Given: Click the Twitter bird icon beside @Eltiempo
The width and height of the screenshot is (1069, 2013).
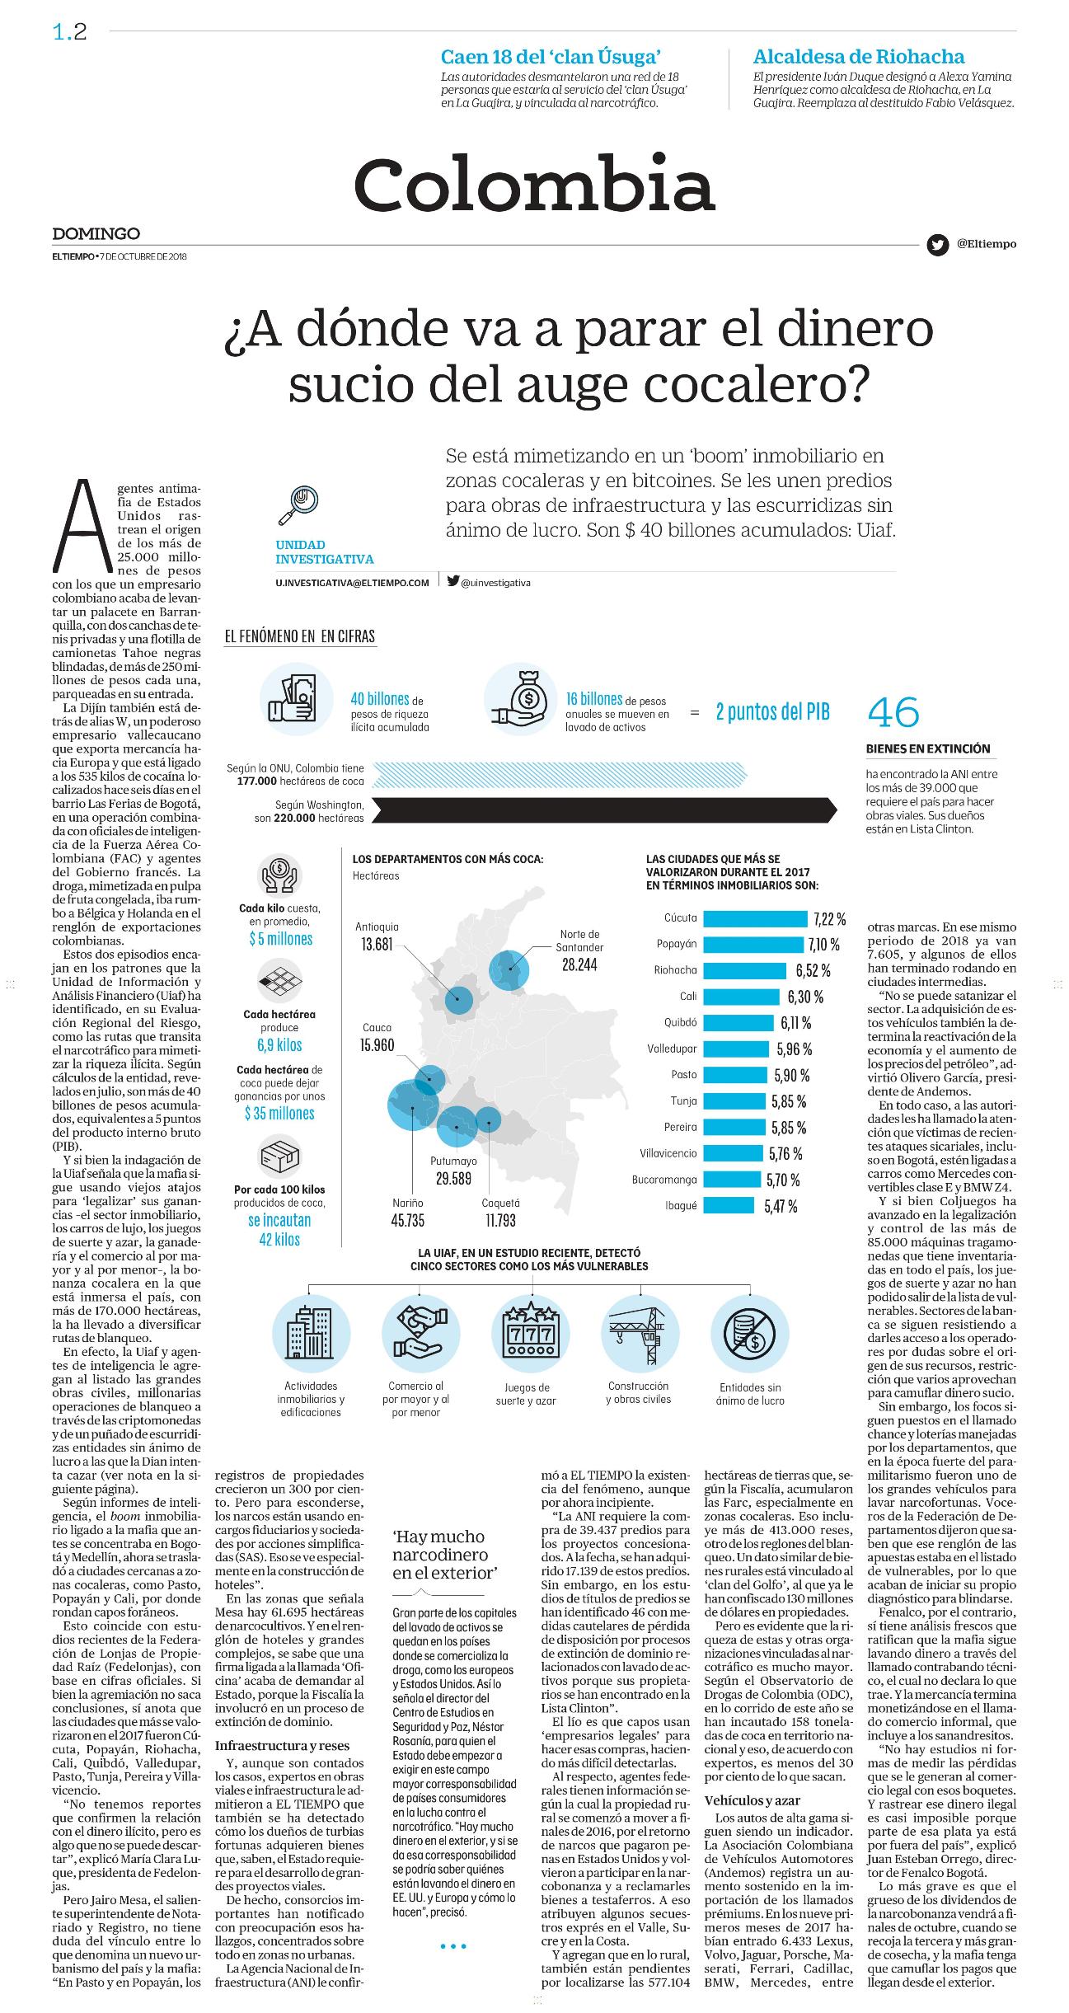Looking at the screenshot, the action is (x=936, y=245).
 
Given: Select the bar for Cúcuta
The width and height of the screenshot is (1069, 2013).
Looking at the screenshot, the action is (x=756, y=918).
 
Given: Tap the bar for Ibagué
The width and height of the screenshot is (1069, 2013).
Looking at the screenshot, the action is (x=729, y=1205).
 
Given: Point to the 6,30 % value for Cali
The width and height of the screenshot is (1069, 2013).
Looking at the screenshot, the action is (x=805, y=997).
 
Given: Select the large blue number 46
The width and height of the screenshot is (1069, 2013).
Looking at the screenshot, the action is (x=893, y=713).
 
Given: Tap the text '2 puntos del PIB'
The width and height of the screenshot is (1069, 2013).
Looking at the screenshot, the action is (x=772, y=712).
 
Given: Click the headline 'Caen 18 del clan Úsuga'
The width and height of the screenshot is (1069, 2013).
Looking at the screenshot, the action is (x=551, y=57).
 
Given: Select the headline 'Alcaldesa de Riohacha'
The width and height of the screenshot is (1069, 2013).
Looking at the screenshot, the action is (x=859, y=57).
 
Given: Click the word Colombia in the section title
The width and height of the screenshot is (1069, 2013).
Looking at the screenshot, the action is (x=534, y=184).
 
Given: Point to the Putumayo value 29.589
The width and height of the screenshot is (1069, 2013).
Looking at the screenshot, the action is (x=453, y=1179).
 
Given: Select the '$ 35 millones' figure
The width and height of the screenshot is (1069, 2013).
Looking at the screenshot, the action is (x=279, y=1114).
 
